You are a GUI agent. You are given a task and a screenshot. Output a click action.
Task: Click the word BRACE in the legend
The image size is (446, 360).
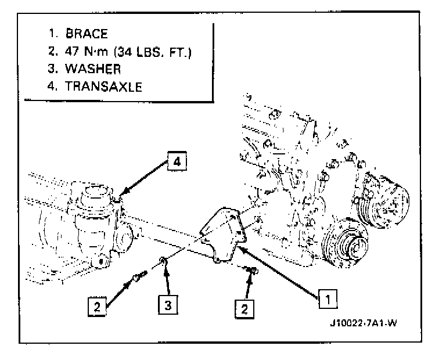(x=87, y=34)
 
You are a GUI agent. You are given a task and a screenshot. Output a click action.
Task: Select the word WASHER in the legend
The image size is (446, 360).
(x=93, y=69)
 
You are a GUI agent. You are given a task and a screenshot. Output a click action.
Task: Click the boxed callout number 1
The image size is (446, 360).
(x=328, y=300)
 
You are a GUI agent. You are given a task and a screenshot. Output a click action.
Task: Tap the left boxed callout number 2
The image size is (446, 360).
(x=98, y=305)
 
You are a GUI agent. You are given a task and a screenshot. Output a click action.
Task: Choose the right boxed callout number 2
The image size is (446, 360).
(x=244, y=308)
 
